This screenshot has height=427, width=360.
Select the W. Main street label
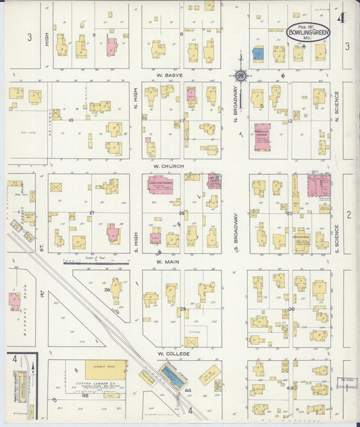pyautogui.click(x=166, y=261)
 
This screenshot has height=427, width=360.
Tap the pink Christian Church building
pyautogui.click(x=161, y=184)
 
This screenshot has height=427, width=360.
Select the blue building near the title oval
pyautogui.click(x=257, y=54)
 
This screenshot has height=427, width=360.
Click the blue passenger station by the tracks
pyautogui.click(x=175, y=376)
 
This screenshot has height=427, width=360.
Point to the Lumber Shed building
pyautogui.click(x=105, y=370)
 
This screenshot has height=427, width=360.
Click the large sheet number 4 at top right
pyautogui.click(x=342, y=18)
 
